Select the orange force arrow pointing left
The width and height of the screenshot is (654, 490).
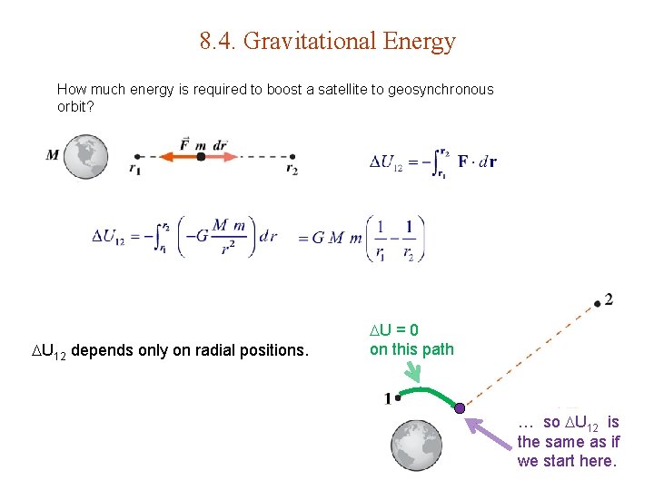[x=177, y=156]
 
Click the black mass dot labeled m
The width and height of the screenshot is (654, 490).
[x=201, y=156]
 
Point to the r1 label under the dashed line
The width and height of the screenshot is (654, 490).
[x=134, y=170]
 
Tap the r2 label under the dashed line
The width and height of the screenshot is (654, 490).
[x=292, y=170]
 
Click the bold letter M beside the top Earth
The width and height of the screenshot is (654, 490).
[x=53, y=154]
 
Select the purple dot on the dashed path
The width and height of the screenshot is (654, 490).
[x=460, y=408]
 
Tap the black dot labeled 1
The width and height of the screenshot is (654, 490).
[x=398, y=397]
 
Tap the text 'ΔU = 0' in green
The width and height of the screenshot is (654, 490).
[x=393, y=331]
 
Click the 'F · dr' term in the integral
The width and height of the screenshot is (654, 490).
[x=477, y=162]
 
